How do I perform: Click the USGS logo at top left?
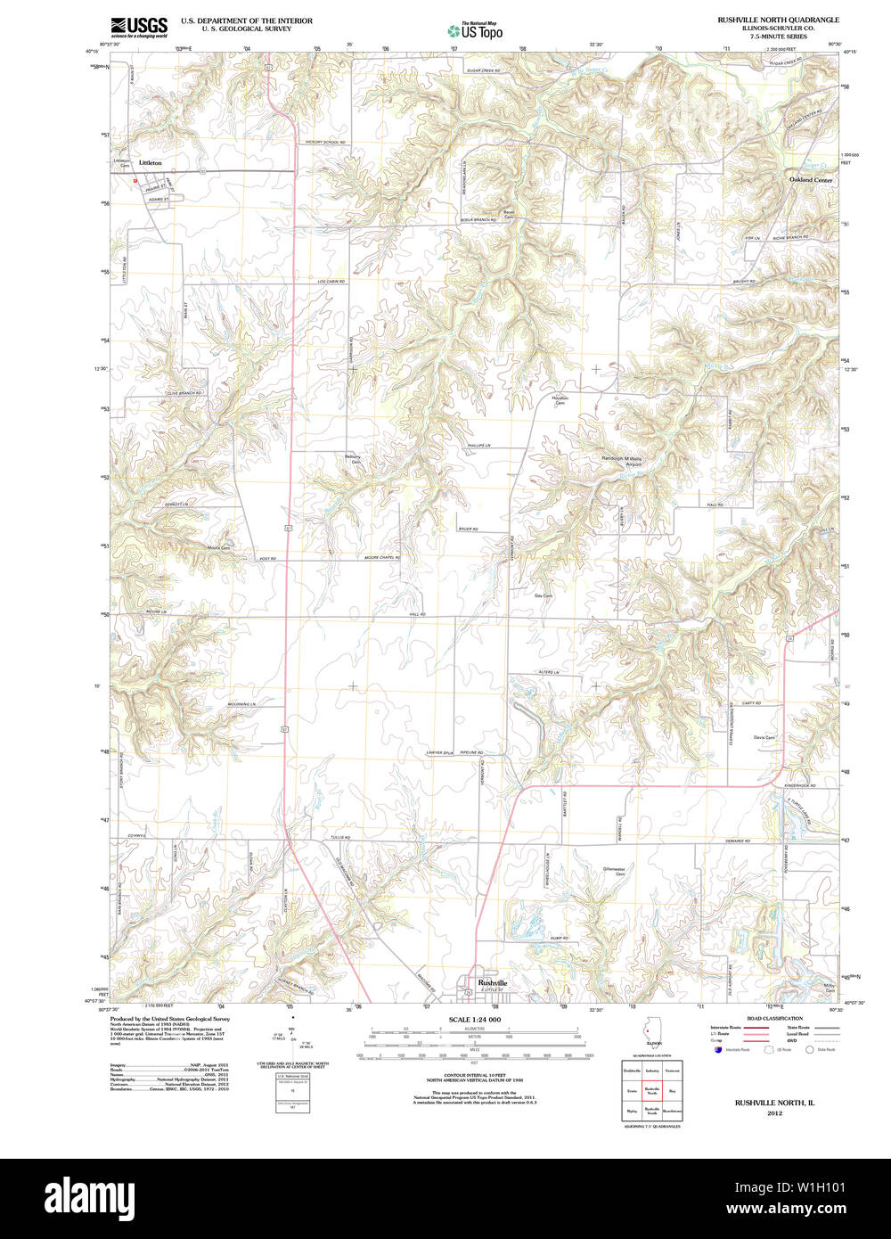[138, 26]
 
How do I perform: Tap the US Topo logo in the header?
[475, 29]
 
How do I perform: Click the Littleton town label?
[151, 163]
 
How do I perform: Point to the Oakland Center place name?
[810, 180]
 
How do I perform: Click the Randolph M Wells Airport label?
[621, 462]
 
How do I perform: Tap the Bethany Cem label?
[354, 459]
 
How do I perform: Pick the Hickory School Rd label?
[325, 143]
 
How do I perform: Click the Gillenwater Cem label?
[614, 870]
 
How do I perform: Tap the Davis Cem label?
[764, 737]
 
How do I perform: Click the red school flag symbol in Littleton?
[135, 181]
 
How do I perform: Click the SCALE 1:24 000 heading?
[475, 1020]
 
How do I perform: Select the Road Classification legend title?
[774, 1018]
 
